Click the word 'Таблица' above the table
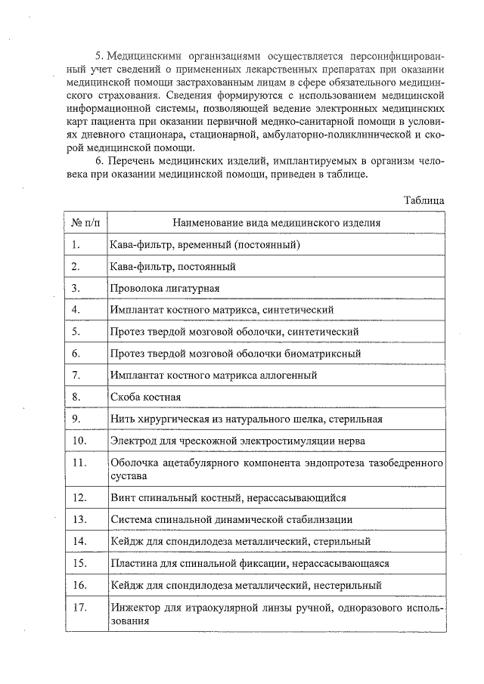click(x=423, y=200)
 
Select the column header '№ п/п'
click(x=85, y=223)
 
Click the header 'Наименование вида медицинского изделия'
click(x=276, y=223)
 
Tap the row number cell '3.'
click(x=76, y=288)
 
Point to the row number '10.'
click(x=79, y=440)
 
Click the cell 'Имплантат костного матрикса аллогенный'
click(x=213, y=375)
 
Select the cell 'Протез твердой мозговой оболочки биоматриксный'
click(x=235, y=353)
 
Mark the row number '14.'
click(x=79, y=541)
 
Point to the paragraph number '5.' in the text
click(x=99, y=56)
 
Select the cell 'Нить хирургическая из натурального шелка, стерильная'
click(x=246, y=419)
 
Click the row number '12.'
click(x=79, y=497)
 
